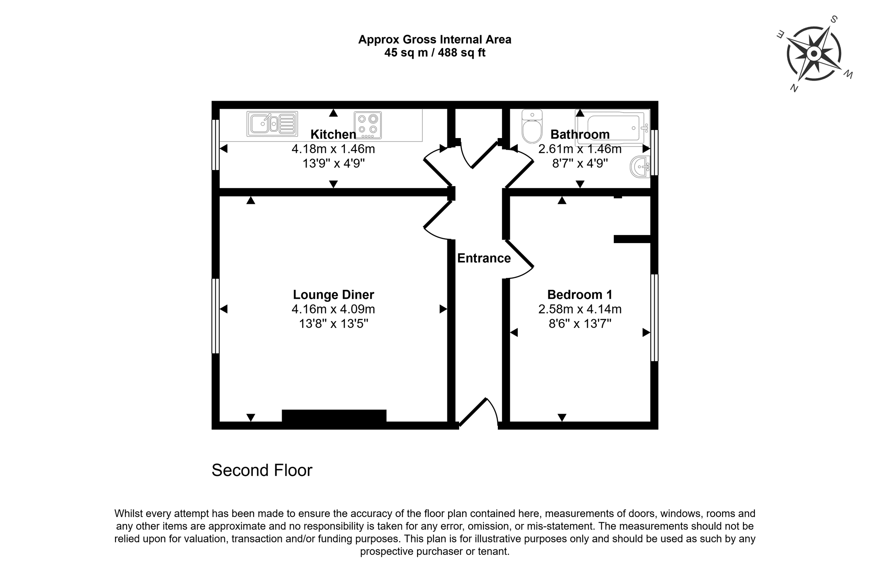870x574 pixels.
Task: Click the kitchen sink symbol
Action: pyautogui.click(x=272, y=124)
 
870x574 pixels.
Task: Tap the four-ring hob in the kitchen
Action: pyautogui.click(x=368, y=125)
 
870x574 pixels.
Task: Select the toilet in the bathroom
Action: pyautogui.click(x=532, y=126)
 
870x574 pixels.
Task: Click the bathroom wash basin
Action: pyautogui.click(x=640, y=167)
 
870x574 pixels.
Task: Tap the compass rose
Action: pyautogui.click(x=814, y=54)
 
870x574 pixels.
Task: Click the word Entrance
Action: pyautogui.click(x=484, y=258)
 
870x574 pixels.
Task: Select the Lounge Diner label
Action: pyautogui.click(x=333, y=294)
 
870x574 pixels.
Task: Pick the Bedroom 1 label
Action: pyautogui.click(x=580, y=294)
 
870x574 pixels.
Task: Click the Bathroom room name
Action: pyautogui.click(x=580, y=134)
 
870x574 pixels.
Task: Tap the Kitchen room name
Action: pyautogui.click(x=333, y=134)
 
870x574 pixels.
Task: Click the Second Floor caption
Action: pyautogui.click(x=262, y=470)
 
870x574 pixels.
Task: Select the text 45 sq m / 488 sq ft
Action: pyautogui.click(x=435, y=53)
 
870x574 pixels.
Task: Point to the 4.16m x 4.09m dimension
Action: pyautogui.click(x=333, y=309)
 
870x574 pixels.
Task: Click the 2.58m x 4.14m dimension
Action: pyautogui.click(x=580, y=309)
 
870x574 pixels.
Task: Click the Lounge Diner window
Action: pyautogui.click(x=215, y=316)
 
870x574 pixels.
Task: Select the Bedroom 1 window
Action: pyautogui.click(x=655, y=318)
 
